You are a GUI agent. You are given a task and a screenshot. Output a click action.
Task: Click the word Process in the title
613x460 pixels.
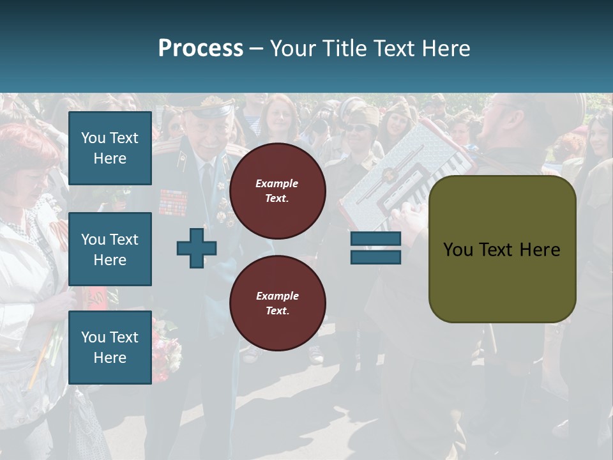[x=201, y=48]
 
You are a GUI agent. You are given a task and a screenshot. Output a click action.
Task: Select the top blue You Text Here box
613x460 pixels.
[x=110, y=148]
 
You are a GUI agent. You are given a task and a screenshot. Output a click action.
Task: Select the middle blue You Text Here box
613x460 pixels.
[x=110, y=249]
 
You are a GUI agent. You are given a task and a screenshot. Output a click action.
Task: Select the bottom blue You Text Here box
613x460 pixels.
[x=110, y=347]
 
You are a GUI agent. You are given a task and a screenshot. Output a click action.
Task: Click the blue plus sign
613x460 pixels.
[x=197, y=248]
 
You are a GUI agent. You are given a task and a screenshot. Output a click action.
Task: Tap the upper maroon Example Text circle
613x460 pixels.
[x=277, y=190]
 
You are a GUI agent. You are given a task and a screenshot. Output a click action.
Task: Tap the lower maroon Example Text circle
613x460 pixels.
[x=277, y=303]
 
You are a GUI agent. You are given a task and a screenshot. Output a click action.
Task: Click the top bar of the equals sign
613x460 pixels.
[x=375, y=238]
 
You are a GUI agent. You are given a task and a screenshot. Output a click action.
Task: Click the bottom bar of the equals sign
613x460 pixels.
[x=375, y=257]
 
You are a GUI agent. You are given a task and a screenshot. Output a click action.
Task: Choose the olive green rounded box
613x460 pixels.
[x=502, y=249]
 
